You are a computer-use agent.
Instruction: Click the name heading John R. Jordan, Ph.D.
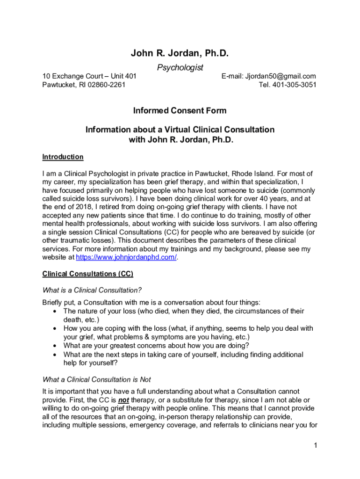[180, 54]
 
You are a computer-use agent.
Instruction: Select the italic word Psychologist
[180, 68]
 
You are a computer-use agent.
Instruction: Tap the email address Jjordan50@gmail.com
[281, 76]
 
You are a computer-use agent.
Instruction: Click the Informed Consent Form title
[180, 111]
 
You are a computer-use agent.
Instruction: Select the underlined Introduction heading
[63, 157]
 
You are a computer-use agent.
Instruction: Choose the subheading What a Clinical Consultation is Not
[96, 379]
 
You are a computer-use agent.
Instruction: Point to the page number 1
[316, 445]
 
